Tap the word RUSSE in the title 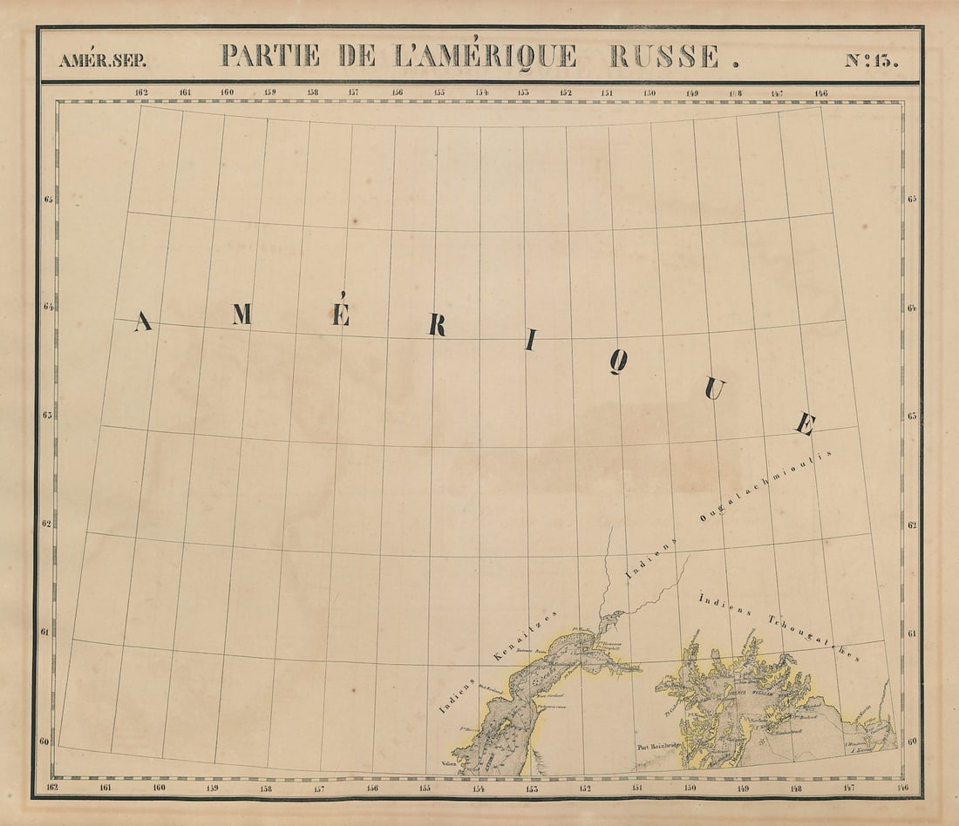coord(665,56)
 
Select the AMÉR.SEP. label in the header coord(103,61)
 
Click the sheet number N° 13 coord(871,60)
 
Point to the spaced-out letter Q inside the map coord(617,362)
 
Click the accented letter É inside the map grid coord(341,310)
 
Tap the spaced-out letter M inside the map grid coord(241,314)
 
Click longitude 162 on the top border coord(141,92)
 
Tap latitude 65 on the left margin coord(49,200)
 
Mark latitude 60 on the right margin coord(911,742)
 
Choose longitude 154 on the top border coord(481,92)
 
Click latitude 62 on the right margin coord(911,525)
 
